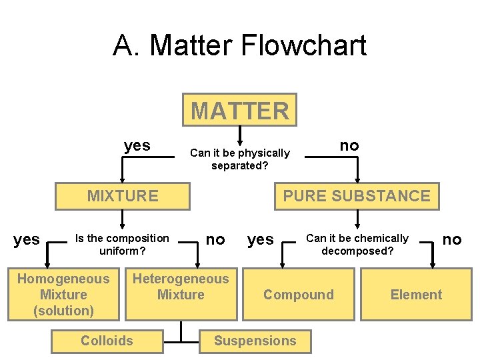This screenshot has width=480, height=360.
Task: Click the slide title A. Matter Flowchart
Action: [240, 45]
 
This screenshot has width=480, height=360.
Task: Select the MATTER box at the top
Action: [240, 110]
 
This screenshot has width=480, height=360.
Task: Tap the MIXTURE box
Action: [123, 196]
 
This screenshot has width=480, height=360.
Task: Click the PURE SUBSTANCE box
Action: [357, 196]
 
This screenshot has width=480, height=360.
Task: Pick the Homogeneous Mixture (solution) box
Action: [63, 295]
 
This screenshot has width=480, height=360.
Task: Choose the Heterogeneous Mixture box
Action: [181, 287]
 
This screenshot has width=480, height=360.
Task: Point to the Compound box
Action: [298, 295]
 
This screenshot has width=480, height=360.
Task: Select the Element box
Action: [416, 295]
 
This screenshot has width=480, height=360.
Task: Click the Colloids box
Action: [107, 341]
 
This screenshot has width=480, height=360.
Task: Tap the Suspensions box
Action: [255, 341]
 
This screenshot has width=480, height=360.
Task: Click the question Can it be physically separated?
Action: [240, 159]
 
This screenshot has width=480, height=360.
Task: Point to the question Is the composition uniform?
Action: [122, 245]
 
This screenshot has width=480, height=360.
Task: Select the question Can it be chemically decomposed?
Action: [357, 245]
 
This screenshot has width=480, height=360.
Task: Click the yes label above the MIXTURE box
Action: [137, 145]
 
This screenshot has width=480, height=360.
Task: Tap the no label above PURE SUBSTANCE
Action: [349, 145]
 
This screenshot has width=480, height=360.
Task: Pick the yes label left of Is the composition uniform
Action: [27, 239]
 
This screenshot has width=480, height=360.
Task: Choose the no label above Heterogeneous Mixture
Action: [215, 239]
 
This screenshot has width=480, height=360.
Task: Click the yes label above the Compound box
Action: [261, 239]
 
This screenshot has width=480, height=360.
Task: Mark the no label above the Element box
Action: [452, 239]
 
